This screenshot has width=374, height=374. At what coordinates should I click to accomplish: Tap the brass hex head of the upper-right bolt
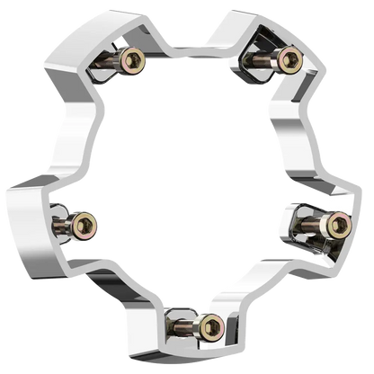click(289, 61)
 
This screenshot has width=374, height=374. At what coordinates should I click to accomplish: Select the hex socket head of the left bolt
click(87, 222)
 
